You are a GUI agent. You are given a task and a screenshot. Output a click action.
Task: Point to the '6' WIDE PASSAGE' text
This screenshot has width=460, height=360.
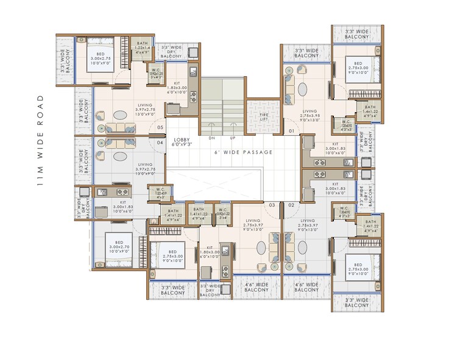coord(243,152)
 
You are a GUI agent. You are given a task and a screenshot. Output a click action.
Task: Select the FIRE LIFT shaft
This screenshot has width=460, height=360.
coord(263,117)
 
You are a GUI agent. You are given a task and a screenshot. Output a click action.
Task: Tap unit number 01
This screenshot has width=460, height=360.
coord(291,131)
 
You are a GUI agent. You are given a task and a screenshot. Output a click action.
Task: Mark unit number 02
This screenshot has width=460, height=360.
coord(291,205)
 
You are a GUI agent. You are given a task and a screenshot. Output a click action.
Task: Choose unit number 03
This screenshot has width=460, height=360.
coord(272,205)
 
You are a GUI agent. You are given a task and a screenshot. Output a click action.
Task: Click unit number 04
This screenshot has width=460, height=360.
coord(160,143)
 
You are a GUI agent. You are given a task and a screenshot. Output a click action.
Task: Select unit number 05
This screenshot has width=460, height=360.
coord(160,128)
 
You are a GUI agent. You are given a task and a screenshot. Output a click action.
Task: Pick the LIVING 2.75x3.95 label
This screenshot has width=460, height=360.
coord(310,115)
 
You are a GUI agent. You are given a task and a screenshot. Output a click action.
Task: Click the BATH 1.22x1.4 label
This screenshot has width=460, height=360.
coord(143,48)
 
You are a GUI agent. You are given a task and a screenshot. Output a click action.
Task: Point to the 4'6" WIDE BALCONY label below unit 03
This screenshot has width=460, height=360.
coord(257,288)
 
